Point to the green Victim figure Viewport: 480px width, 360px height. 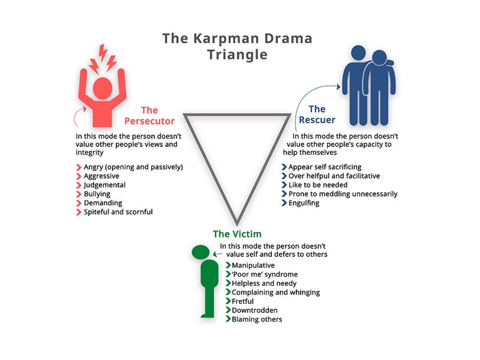click(208, 282)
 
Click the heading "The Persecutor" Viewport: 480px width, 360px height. click(149, 115)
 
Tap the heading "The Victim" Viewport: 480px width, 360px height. click(237, 233)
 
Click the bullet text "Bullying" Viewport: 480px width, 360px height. click(98, 194)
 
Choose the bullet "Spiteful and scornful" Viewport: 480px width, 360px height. click(118, 212)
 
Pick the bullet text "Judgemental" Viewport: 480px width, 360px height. click(106, 185)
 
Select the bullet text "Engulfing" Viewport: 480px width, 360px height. click(304, 203)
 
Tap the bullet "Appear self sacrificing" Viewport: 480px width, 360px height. click(325, 167)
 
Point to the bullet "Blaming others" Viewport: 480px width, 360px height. click(257, 319)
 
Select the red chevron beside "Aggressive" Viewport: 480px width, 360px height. click(78, 176)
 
